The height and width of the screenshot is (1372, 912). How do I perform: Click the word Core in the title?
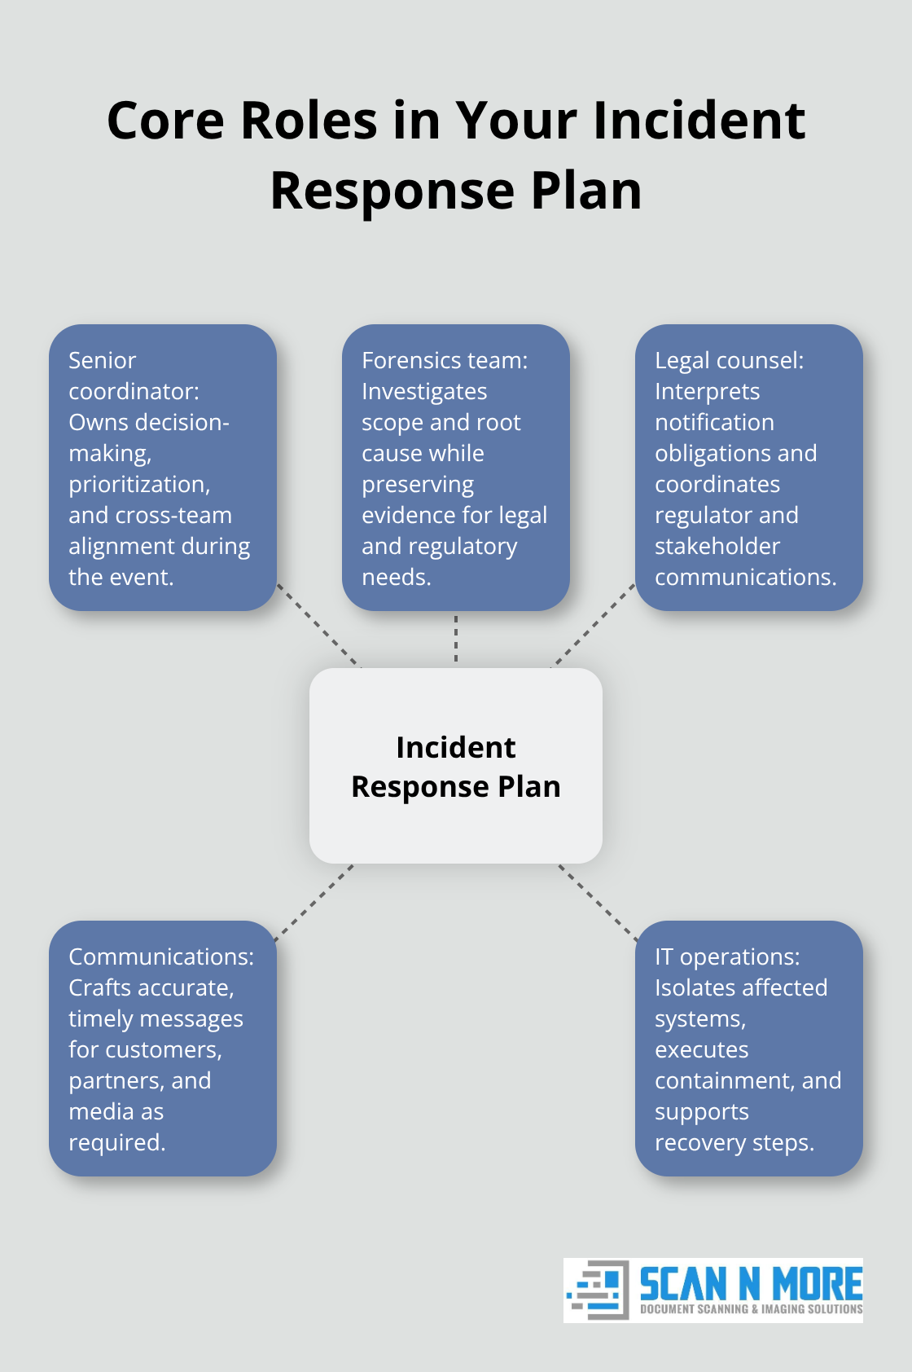point(165,121)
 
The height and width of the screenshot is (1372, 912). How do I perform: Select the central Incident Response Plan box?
point(456,766)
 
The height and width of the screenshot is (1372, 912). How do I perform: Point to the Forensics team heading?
point(445,360)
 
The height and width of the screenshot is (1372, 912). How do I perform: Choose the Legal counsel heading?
point(729,360)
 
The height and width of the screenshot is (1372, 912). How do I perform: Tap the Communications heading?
point(160,956)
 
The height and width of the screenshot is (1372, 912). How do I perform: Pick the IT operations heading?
point(727,956)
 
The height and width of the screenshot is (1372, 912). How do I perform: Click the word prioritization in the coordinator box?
point(138,485)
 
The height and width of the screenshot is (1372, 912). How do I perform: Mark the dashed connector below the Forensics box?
point(456,639)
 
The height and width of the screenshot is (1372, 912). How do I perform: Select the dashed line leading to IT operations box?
point(598,902)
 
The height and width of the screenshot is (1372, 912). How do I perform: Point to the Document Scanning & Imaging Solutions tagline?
point(751,1309)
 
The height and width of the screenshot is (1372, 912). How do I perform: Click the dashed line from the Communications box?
point(314,902)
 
